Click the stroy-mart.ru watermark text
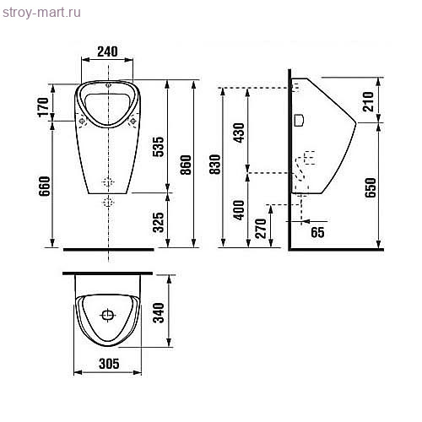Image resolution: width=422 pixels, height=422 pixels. (41, 13)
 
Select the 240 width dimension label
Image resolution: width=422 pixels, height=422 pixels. (107, 51)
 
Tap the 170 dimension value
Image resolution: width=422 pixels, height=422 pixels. (44, 107)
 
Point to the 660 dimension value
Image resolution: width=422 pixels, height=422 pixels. (45, 186)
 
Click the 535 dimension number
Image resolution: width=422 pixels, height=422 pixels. (158, 147)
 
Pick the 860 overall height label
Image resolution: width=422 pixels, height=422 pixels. (186, 165)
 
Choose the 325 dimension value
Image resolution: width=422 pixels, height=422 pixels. (158, 223)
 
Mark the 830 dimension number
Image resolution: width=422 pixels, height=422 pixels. (215, 165)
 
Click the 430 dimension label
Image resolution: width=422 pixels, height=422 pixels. (239, 133)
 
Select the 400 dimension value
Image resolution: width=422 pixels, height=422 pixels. (239, 210)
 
